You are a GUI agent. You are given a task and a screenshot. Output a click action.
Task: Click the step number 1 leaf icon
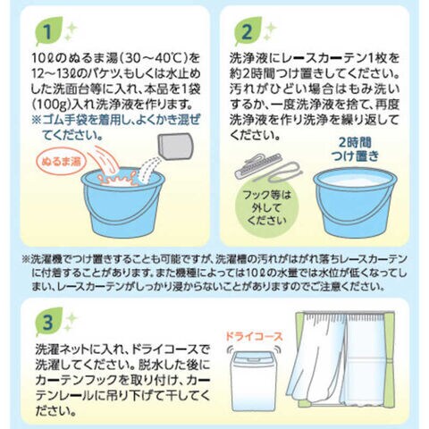coord(48,32)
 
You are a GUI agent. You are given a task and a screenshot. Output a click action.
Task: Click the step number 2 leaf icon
coord(247,32)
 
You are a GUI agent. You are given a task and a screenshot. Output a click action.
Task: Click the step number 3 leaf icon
coord(48,323)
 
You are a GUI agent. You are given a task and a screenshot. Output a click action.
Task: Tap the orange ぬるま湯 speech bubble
coord(61,162)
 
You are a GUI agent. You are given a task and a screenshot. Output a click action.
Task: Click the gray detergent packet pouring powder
coord(175,147)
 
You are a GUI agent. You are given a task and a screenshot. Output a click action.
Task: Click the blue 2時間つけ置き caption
coord(356,149)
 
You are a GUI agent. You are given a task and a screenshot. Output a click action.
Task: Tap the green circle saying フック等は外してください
coord(266,207)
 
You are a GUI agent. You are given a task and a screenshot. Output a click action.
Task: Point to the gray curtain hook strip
coord(258,166)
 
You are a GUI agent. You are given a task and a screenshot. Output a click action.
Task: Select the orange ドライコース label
coord(253,336)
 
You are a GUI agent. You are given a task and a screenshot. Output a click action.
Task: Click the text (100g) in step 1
coord(51,105)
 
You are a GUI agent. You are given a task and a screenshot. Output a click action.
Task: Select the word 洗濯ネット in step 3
coord(66,349)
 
